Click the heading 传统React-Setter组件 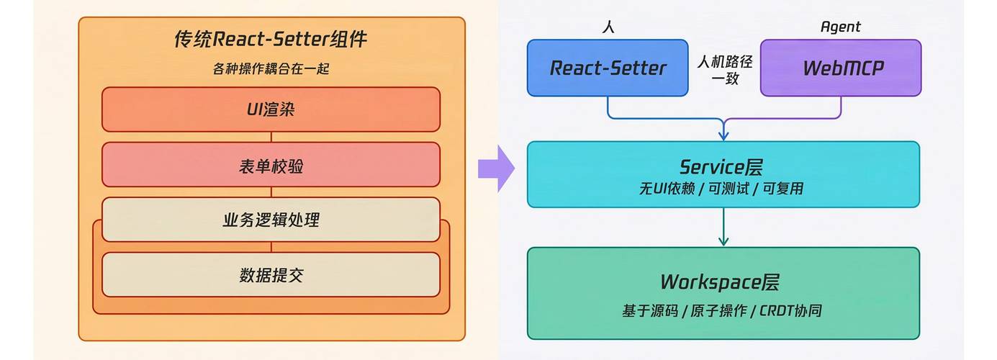271,39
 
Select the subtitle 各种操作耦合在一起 271,69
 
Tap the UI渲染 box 271,110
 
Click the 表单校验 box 271,166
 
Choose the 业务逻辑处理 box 271,220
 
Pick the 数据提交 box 271,275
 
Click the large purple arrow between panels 496,168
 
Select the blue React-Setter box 608,68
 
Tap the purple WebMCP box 841,68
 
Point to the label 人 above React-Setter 608,27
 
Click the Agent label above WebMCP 840,27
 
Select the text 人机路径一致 724,71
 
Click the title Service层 723,167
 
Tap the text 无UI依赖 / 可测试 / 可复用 722,189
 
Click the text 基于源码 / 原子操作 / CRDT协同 722,312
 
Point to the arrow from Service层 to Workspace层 723,227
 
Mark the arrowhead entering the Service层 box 723,135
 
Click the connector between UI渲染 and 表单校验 271,137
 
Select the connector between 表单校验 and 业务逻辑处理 271,192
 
